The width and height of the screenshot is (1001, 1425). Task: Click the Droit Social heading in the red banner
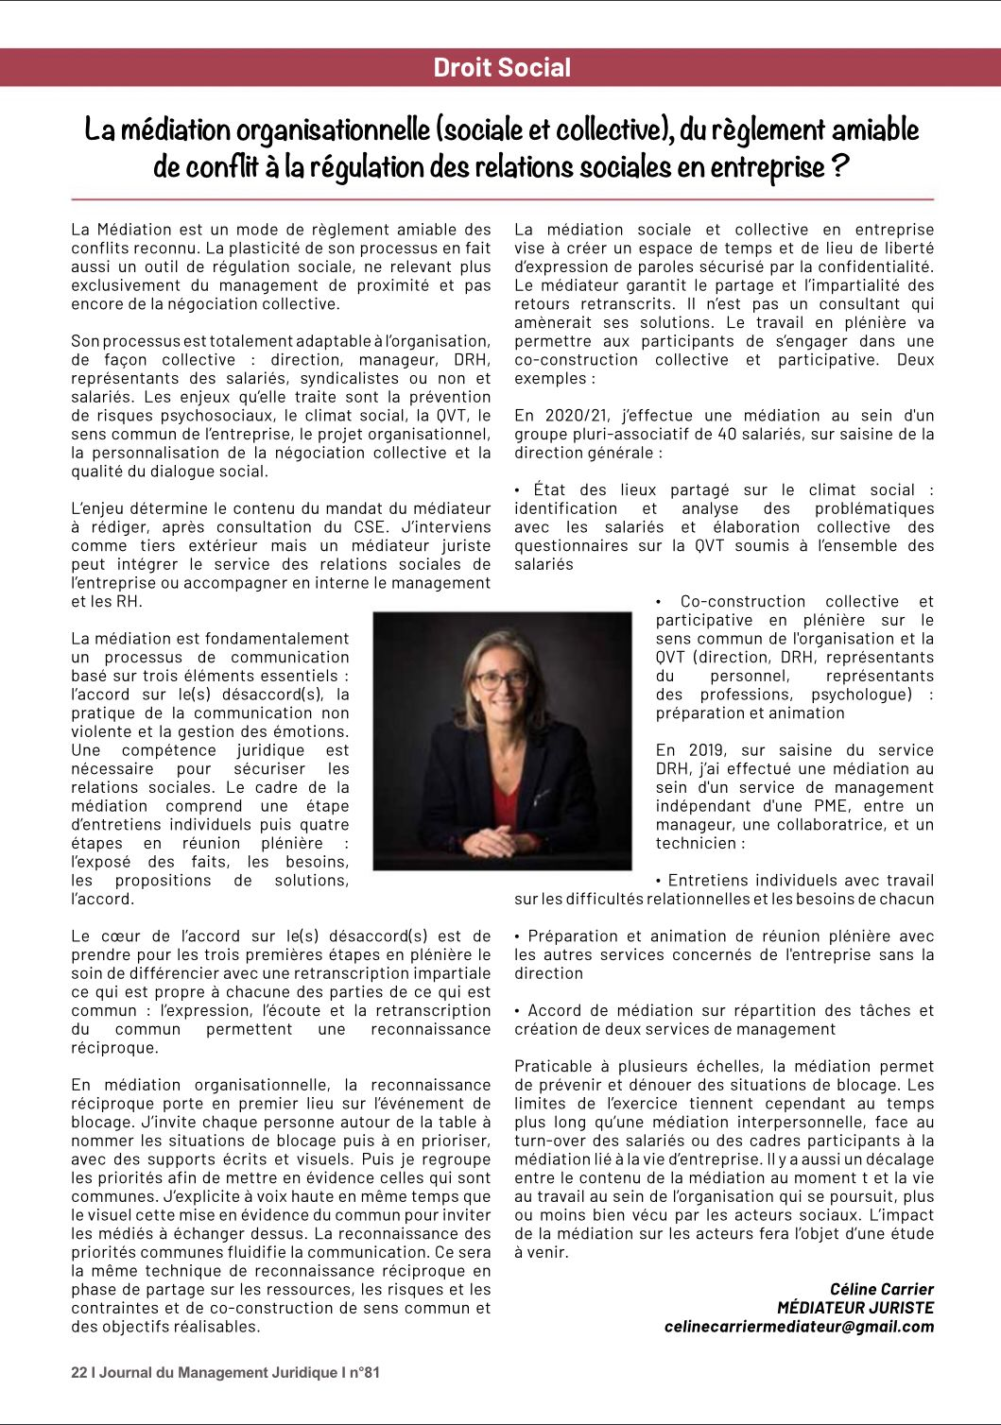[501, 68]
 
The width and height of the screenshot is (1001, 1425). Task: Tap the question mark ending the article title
[838, 167]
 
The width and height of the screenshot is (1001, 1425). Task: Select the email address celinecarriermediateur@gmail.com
[799, 1327]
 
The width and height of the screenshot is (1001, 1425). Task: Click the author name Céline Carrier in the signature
[881, 1289]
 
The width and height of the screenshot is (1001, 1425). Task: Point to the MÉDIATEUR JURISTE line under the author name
[854, 1308]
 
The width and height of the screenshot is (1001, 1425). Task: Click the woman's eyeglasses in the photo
[501, 679]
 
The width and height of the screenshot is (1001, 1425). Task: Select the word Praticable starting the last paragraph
[554, 1067]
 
